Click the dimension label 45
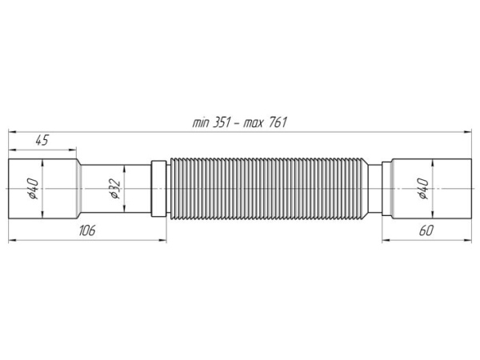pyautogui.click(x=42, y=140)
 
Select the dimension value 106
pyautogui.click(x=87, y=230)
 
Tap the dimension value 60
pyautogui.click(x=426, y=230)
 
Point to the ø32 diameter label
pyautogui.click(x=114, y=189)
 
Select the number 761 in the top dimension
pyautogui.click(x=278, y=122)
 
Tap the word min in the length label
pyautogui.click(x=201, y=123)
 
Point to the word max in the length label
pyautogui.click(x=254, y=124)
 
